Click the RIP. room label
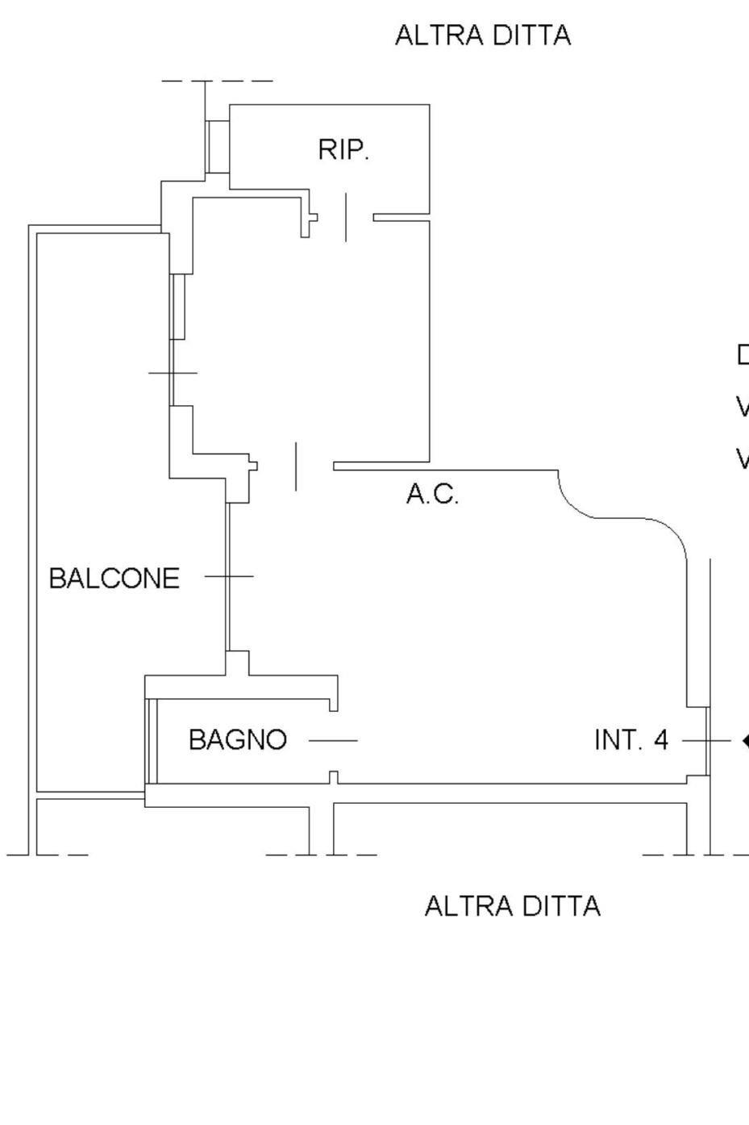coord(343,150)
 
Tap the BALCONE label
coord(114,579)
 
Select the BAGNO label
coord(238,739)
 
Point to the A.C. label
coord(432,494)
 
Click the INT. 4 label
coord(630,739)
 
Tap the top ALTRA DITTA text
coord(483,36)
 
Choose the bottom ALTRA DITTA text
coord(512,905)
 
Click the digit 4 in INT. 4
coord(661,739)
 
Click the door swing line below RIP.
coord(346,217)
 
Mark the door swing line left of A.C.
coord(296,466)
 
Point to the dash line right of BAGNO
coord(333,740)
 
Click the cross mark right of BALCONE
coord(229,576)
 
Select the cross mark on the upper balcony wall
coord(173,373)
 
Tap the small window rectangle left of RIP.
coord(218,146)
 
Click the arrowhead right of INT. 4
coord(745,739)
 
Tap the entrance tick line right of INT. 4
coord(705,739)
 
